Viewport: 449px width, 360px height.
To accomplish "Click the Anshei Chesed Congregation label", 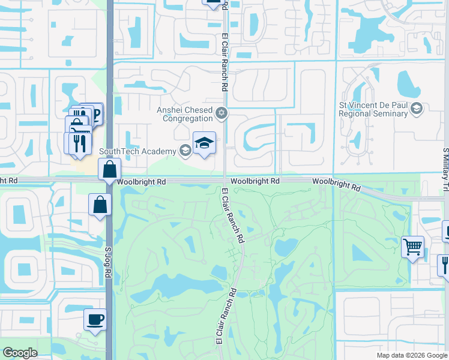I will click(185, 114).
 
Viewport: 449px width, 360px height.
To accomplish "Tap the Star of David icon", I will click(221, 112).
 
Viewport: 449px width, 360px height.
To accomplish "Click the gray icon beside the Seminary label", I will click(418, 109).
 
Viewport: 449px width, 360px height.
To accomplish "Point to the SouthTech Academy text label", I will click(138, 151).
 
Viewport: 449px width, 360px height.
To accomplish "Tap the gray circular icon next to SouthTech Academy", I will click(185, 151).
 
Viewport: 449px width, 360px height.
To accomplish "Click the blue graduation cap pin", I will click(204, 143).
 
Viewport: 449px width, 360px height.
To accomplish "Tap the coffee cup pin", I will click(94, 319).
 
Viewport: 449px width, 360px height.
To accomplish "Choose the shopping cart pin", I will click(412, 247).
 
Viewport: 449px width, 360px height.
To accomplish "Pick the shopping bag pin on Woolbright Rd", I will click(110, 170).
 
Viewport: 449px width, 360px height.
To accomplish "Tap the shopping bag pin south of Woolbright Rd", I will click(100, 205).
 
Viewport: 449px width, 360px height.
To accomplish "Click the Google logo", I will click(20, 353).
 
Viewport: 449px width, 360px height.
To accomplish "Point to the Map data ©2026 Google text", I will click(411, 355).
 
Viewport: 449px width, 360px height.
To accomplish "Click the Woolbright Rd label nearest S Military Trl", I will click(336, 184).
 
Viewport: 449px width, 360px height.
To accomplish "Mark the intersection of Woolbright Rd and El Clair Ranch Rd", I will click(225, 181).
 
